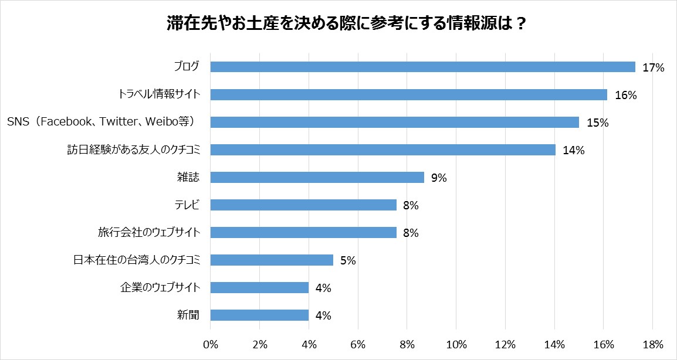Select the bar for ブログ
[422, 67]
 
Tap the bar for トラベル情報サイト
[408, 94]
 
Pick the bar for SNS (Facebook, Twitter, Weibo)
[394, 122]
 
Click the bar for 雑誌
[317, 177]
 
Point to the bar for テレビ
[303, 205]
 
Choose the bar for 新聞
[259, 315]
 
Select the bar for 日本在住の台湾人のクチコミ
[272, 260]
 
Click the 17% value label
[653, 67]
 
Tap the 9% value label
[439, 178]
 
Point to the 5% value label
[348, 260]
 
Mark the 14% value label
[574, 150]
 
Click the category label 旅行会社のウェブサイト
[149, 232]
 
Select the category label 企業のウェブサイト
[160, 287]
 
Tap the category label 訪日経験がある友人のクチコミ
[134, 150]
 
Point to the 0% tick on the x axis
[210, 343]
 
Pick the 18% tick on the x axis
[653, 343]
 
